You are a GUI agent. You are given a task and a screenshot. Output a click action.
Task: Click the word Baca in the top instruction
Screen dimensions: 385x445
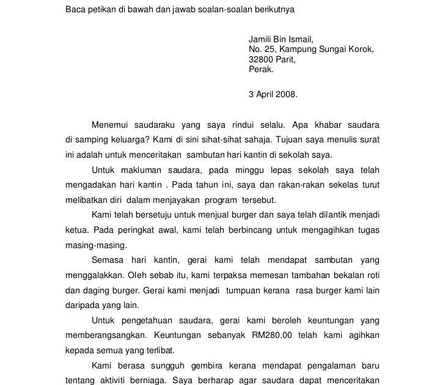tap(76, 10)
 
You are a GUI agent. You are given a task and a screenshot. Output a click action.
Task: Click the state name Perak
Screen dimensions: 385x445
tap(262, 69)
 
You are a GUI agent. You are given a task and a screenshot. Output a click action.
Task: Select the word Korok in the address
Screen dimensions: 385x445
tap(361, 50)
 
